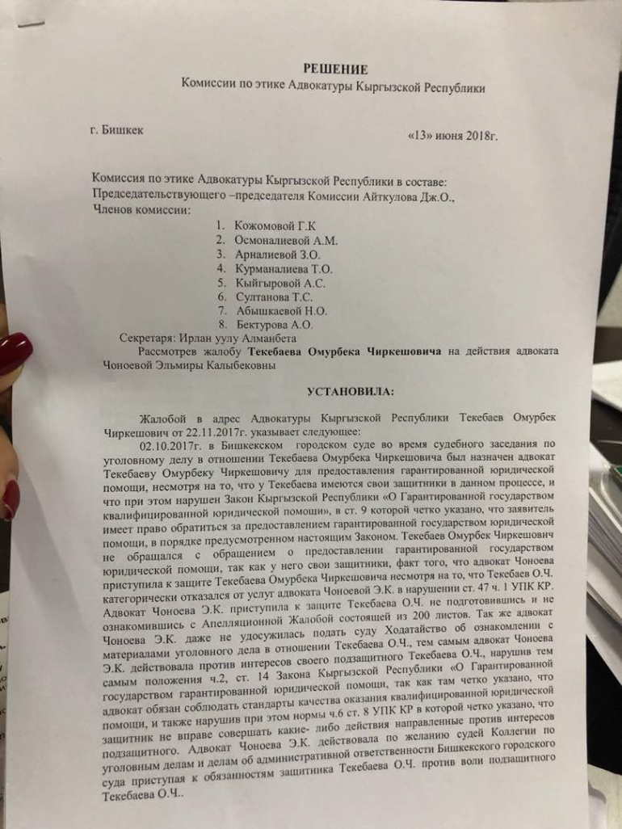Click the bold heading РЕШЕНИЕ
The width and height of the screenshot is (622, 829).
[334, 69]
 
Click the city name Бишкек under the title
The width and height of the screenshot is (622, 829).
[123, 129]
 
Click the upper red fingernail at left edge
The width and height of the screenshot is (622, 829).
[15, 353]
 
